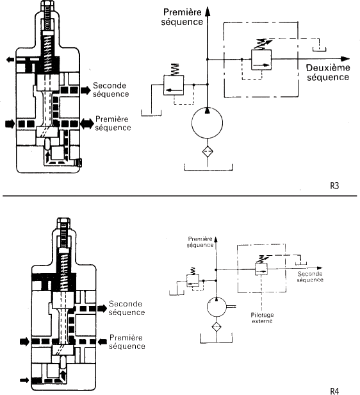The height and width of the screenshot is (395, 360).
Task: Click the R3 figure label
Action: [x=334, y=186]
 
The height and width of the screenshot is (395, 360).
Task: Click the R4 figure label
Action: [x=334, y=391]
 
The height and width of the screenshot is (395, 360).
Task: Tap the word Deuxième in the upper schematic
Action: [x=328, y=68]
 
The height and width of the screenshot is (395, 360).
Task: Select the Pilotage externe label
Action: [x=262, y=318]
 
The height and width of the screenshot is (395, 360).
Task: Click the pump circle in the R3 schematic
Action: [x=207, y=123]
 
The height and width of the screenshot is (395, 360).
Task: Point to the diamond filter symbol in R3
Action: [x=208, y=151]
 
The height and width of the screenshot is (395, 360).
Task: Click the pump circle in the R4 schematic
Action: [x=217, y=307]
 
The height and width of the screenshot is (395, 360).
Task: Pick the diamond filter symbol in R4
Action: [x=217, y=327]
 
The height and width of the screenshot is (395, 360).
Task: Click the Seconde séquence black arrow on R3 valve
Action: [x=86, y=90]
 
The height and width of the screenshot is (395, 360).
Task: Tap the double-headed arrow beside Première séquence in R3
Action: [x=86, y=124]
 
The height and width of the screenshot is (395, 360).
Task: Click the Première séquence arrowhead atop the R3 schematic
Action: [x=208, y=12]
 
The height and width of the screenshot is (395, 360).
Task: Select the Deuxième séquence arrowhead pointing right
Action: [x=345, y=59]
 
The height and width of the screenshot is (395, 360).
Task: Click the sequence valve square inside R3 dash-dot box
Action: [x=261, y=60]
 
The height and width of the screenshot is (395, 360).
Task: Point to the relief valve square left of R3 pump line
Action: [x=174, y=85]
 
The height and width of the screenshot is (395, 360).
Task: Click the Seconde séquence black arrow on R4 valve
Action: [x=102, y=308]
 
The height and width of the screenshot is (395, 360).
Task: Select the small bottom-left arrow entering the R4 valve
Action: [x=24, y=380]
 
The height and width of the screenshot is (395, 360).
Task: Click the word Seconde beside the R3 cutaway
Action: [x=110, y=85]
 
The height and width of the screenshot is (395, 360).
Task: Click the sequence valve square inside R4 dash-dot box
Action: [x=261, y=269]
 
